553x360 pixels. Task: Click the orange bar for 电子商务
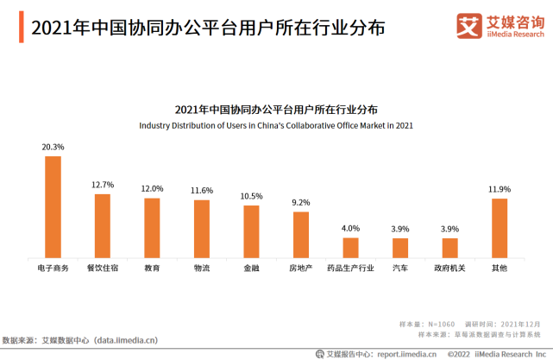[53, 207]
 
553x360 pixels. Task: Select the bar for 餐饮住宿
[102, 226]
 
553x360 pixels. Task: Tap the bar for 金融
[251, 231]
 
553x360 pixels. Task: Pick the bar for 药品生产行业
[350, 248]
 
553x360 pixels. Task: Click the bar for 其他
[500, 228]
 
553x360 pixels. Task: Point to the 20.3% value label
[53, 148]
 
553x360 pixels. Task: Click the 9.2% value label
[300, 203]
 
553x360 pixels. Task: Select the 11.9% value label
[500, 189]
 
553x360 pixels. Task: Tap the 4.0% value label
[350, 229]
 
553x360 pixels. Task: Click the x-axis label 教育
[152, 268]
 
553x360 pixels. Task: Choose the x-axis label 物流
[201, 268]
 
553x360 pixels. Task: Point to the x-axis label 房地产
[300, 268]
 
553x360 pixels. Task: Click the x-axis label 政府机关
[449, 268]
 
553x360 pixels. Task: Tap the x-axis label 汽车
[400, 268]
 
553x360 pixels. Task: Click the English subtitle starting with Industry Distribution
[276, 126]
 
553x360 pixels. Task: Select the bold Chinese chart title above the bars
[276, 110]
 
